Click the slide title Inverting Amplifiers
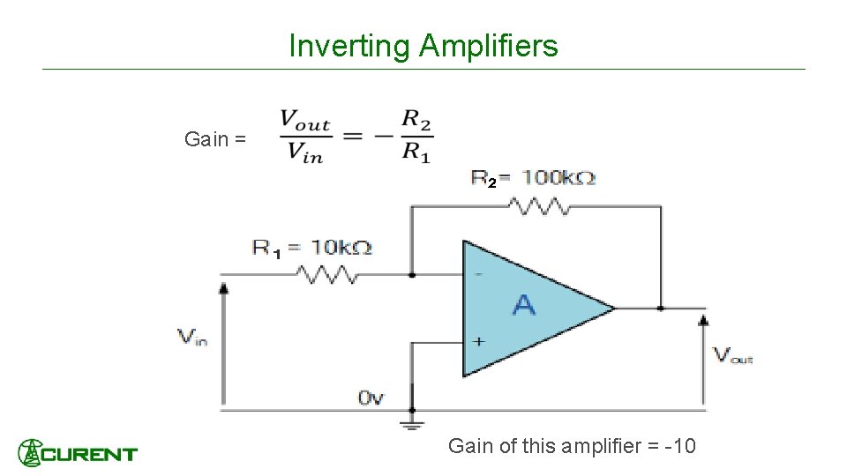pos(423,46)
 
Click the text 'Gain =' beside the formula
pos(215,139)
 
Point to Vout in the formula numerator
pos(305,121)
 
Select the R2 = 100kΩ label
pos(532,179)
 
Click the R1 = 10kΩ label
pos(311,249)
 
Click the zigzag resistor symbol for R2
pos(537,206)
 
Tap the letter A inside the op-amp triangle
pos(523,306)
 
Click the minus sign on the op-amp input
pos(478,275)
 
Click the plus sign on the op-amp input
pos(477,341)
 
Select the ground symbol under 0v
pos(411,424)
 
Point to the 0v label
pos(371,398)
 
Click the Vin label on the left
pos(192,337)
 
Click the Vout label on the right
pos(733,355)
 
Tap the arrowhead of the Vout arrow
pos(703,319)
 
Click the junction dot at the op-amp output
pos(661,309)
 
